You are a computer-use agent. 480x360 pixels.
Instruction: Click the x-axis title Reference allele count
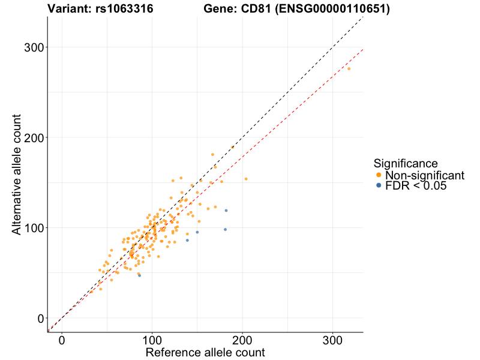[205, 352]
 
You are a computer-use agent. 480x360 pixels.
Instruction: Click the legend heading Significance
[405, 163]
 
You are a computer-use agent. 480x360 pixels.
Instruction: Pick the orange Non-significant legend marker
[378, 175]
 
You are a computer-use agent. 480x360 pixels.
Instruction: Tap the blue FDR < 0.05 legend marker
[378, 186]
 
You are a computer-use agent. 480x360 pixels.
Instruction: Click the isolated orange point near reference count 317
[349, 69]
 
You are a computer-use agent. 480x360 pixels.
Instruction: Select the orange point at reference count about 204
[246, 179]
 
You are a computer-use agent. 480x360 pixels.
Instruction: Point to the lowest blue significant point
[139, 275]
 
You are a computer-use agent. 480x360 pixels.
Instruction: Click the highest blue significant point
[226, 211]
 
